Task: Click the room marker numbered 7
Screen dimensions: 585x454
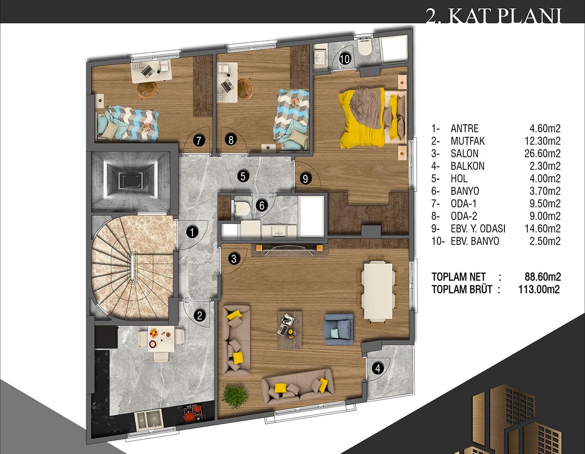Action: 199,141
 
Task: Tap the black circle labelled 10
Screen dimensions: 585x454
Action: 345,59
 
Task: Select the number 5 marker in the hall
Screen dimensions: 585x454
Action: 243,177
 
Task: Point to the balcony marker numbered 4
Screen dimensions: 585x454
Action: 378,368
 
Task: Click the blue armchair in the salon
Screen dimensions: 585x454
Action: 339,329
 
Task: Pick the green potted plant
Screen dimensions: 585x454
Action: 235,397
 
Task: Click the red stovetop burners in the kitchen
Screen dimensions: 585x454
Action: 193,413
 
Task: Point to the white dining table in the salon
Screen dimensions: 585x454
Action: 378,291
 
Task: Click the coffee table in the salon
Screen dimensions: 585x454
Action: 290,330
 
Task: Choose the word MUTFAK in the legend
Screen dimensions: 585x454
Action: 468,141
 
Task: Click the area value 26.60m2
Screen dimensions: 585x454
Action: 542,153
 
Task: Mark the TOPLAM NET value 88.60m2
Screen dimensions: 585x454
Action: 542,277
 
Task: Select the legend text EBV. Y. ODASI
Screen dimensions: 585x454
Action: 478,228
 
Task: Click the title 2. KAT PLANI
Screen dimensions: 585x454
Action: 494,16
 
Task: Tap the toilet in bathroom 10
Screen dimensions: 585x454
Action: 365,47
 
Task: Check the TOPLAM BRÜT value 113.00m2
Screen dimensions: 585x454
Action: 539,289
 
